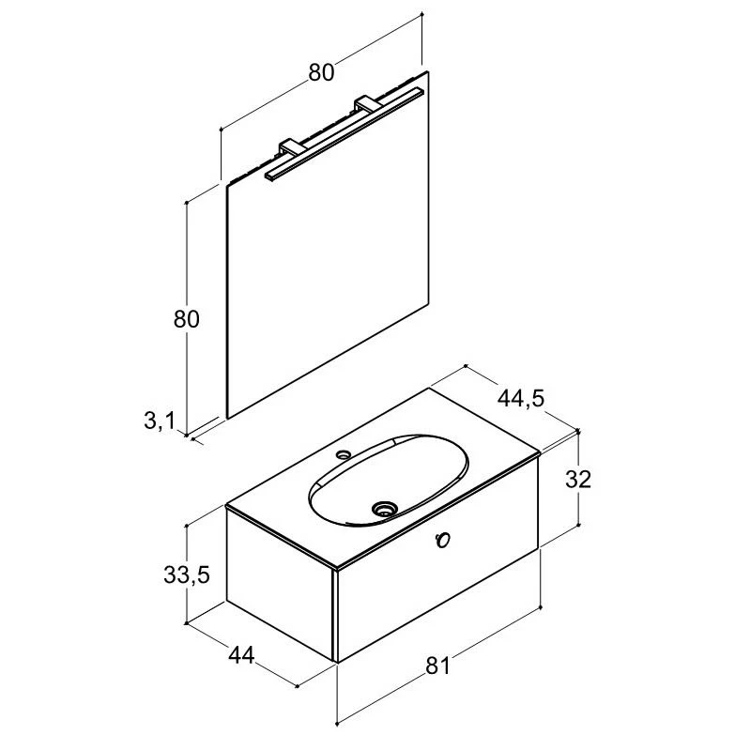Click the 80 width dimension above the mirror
pos(321,72)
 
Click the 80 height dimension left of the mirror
pos(187,319)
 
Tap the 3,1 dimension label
pos(160,421)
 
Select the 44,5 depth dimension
pos(521,399)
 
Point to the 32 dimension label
pos(578,479)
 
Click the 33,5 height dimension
pos(187,574)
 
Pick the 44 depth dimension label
pos(241,655)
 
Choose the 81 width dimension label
pos(437,666)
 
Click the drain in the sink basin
pos(384,509)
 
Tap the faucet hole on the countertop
pos(345,453)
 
